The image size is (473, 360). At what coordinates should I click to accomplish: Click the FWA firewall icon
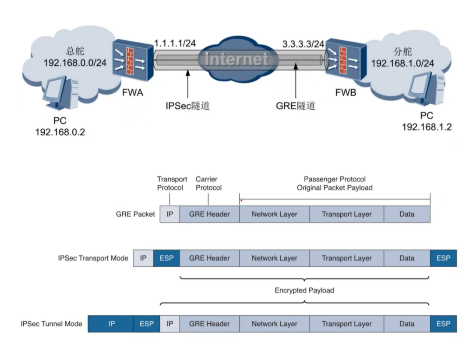click(133, 60)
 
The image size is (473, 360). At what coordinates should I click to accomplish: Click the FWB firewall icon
click(346, 59)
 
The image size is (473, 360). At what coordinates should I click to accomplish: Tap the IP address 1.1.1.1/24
click(175, 43)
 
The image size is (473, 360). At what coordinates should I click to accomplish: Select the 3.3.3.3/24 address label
click(303, 44)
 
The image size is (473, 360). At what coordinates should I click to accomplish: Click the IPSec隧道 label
click(187, 106)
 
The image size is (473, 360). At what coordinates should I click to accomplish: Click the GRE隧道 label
click(296, 106)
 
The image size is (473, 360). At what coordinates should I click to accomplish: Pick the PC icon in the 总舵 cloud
click(60, 93)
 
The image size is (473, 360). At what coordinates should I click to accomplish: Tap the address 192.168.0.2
click(60, 132)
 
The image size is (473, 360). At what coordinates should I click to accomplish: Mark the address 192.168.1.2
click(427, 127)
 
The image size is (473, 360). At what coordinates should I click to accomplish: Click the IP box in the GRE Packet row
click(170, 214)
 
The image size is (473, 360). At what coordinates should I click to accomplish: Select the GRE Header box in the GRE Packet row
click(209, 214)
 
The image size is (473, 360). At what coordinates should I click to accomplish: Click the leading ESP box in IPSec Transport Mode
click(166, 258)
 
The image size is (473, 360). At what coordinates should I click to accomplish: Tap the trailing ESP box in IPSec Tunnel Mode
click(443, 324)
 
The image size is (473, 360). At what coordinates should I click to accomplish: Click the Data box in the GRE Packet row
click(407, 214)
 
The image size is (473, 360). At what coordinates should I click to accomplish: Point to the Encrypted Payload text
click(304, 290)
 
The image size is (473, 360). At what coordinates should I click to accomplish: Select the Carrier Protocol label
click(208, 184)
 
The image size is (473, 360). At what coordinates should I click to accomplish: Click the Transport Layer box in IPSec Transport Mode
click(346, 258)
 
